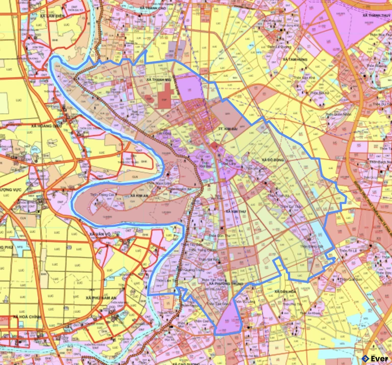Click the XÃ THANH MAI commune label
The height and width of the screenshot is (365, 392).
[x=159, y=80]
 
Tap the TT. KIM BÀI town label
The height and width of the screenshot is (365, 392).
[x=228, y=129]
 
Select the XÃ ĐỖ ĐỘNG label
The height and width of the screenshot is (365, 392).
[x=272, y=160]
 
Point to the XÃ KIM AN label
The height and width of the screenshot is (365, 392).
[x=139, y=195]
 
